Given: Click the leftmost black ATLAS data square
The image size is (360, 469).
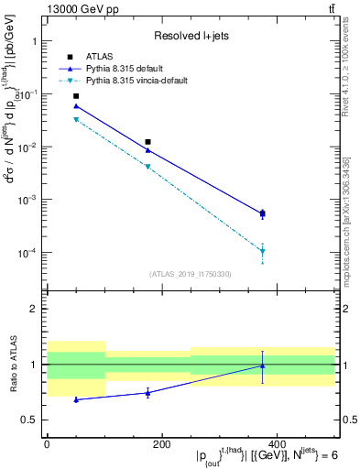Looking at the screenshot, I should pos(76,96).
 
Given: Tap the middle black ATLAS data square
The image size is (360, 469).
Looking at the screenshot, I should pos(147,142).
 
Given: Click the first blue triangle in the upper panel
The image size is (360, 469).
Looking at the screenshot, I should pos(76,106).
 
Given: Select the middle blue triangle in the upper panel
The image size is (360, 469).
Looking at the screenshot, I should pos(147,150).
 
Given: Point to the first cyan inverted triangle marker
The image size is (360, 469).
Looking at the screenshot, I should pos(76,120).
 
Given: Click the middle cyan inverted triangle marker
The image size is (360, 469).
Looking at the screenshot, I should pos(147,167).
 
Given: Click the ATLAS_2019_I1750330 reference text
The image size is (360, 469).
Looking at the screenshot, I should pos(191,274).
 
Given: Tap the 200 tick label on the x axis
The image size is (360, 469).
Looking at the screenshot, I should pos(161,443).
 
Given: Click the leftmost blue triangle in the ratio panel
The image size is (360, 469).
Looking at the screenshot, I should pos(76,399).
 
